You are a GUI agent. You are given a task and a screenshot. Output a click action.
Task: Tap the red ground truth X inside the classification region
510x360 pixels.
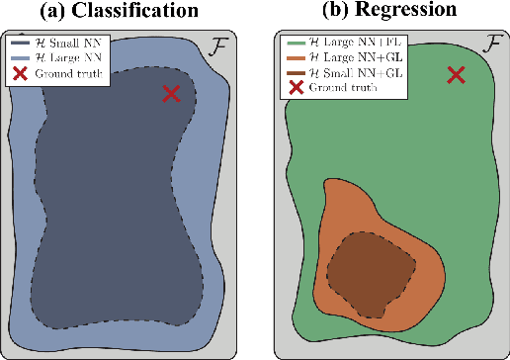[172, 93]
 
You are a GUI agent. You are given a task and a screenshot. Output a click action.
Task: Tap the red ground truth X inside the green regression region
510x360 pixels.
[456, 74]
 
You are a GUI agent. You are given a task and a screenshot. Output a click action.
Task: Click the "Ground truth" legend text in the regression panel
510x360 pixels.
[336, 89]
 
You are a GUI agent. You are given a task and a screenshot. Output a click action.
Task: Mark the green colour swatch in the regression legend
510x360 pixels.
[295, 45]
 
